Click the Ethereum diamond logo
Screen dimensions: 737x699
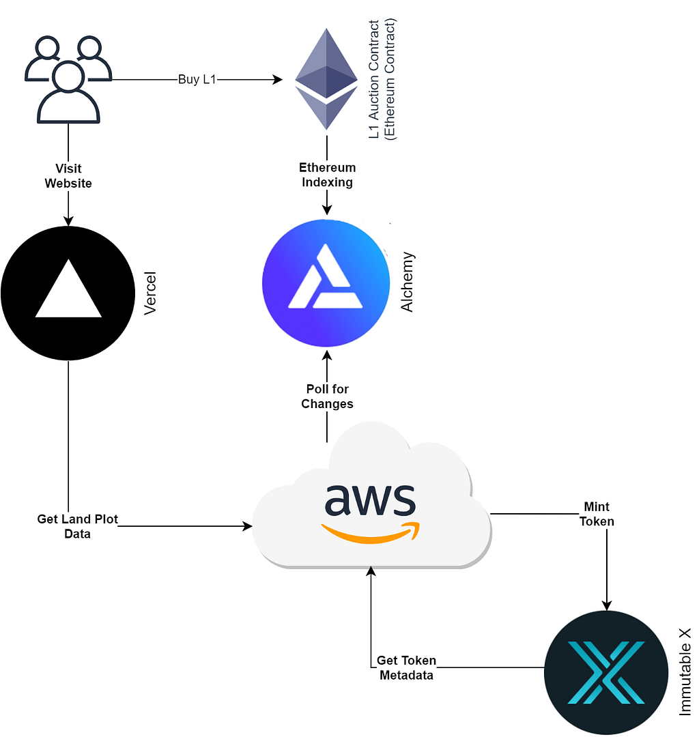coord(326,78)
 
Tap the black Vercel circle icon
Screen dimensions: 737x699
coord(68,293)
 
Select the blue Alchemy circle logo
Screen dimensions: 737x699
coord(326,285)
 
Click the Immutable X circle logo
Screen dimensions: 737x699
coord(605,672)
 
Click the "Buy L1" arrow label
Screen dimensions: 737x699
coord(198,80)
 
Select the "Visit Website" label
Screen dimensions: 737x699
coord(68,175)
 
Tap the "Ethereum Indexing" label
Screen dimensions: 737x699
coord(327,175)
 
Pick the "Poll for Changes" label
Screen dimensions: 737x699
coord(327,396)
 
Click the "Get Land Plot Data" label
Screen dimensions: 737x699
coord(77,526)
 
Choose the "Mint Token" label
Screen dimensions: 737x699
coord(597,514)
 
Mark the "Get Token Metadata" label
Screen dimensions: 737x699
coord(405,667)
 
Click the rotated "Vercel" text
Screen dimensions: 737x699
coord(151,293)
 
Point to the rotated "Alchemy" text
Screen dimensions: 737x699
coord(408,283)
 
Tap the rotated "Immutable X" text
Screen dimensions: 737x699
coord(685,672)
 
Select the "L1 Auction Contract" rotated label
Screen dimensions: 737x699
coord(374,80)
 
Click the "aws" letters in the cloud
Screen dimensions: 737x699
coord(369,502)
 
